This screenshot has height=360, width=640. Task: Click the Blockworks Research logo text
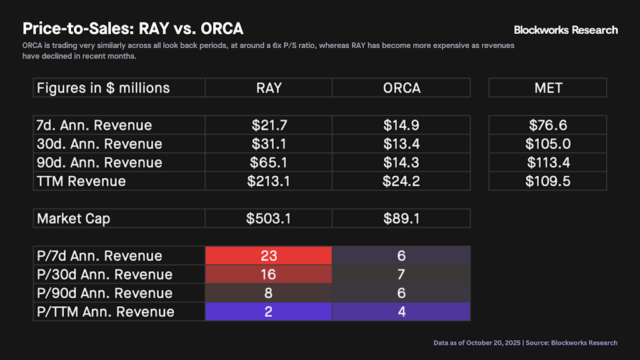coord(566,30)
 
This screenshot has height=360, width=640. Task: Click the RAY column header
coord(269,88)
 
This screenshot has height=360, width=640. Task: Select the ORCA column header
coord(401,88)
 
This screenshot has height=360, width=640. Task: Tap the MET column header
coord(547,88)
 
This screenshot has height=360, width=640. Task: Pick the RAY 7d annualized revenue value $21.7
coord(269,126)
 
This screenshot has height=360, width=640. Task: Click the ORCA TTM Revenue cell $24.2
coord(401,181)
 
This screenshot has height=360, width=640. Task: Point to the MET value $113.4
coord(547,162)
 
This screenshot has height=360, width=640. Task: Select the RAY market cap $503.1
coord(269,219)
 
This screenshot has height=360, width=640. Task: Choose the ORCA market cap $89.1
coord(401,219)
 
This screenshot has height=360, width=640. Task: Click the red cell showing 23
coord(269,256)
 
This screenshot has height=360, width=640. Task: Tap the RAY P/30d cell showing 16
coord(269,274)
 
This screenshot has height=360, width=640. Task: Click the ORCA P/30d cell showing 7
coord(401,274)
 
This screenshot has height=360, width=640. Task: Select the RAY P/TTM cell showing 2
coord(269,311)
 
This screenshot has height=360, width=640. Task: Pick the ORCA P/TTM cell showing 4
coord(401,311)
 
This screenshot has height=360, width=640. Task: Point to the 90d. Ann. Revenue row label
coord(99,162)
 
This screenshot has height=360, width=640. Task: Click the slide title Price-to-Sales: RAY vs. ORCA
coord(132,29)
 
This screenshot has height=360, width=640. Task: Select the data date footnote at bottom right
coord(525,342)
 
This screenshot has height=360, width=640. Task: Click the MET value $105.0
coord(547,144)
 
